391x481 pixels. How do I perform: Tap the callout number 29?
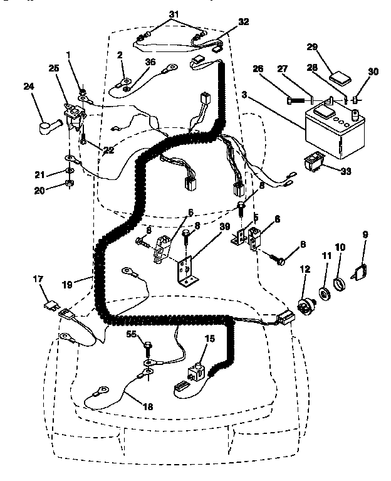tap(313, 48)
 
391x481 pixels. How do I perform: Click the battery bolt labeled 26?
tap(298, 100)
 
